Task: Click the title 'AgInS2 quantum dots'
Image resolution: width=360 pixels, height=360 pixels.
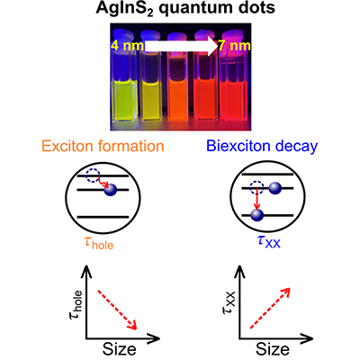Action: coord(185,8)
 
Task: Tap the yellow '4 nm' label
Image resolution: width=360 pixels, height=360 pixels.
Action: coord(127,46)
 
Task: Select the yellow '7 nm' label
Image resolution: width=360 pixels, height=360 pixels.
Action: coord(235,46)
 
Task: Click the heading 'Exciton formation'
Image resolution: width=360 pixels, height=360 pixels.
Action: coord(103,146)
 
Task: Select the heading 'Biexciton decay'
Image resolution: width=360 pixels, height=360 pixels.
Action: coord(262,146)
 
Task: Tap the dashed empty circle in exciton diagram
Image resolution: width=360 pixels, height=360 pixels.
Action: coord(93,175)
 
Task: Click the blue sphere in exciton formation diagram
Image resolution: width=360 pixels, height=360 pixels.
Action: coord(111,190)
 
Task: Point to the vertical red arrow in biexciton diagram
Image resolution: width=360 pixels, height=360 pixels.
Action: coord(256,199)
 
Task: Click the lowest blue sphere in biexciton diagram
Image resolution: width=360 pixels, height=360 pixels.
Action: coord(257,215)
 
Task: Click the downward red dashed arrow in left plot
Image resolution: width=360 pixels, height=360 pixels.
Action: coord(117,310)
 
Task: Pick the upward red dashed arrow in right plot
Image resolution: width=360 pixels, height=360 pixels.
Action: coord(270,308)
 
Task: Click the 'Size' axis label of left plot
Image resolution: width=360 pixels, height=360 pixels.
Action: coord(120,349)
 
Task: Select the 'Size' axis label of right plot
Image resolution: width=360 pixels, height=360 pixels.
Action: coord(273,349)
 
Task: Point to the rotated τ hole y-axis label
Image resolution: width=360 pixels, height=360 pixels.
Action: coord(76,305)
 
